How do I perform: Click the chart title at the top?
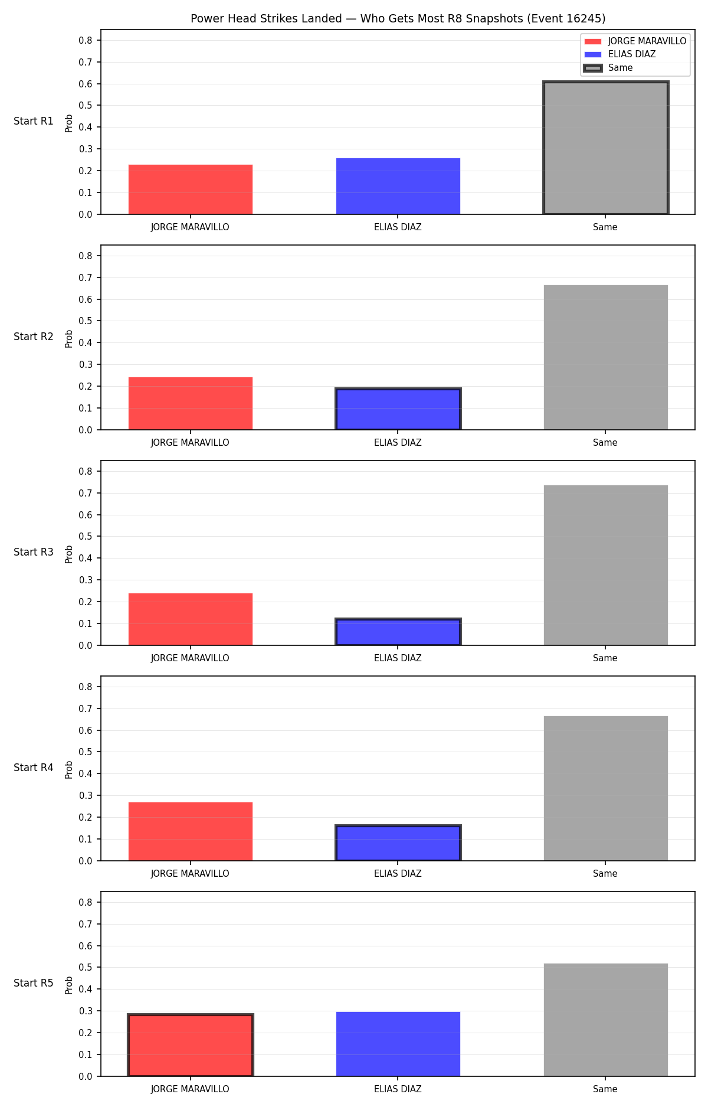pyautogui.click(x=398, y=19)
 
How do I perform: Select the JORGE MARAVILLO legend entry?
pyautogui.click(x=635, y=41)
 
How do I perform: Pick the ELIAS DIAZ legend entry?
pyautogui.click(x=619, y=54)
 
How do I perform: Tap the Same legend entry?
pyautogui.click(x=608, y=68)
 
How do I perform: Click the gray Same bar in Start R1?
pyautogui.click(x=606, y=148)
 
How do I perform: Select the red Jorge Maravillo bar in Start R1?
pyautogui.click(x=191, y=190)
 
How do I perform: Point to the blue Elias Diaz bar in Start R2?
pyautogui.click(x=398, y=409)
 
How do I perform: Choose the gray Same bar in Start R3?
pyautogui.click(x=606, y=565)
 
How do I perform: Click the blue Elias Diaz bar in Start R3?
pyautogui.click(x=398, y=632)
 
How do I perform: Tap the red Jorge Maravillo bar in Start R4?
pyautogui.click(x=191, y=831)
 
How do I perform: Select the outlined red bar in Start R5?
pyautogui.click(x=191, y=1045)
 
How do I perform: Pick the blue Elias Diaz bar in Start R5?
pyautogui.click(x=398, y=1044)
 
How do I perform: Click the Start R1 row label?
pyautogui.click(x=34, y=121)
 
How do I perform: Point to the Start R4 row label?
pyautogui.click(x=34, y=768)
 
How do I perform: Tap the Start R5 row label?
pyautogui.click(x=34, y=983)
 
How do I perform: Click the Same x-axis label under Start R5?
pyautogui.click(x=605, y=1089)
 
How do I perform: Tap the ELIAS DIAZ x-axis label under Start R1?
pyautogui.click(x=398, y=227)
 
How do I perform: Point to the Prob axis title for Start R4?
pyautogui.click(x=69, y=769)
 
